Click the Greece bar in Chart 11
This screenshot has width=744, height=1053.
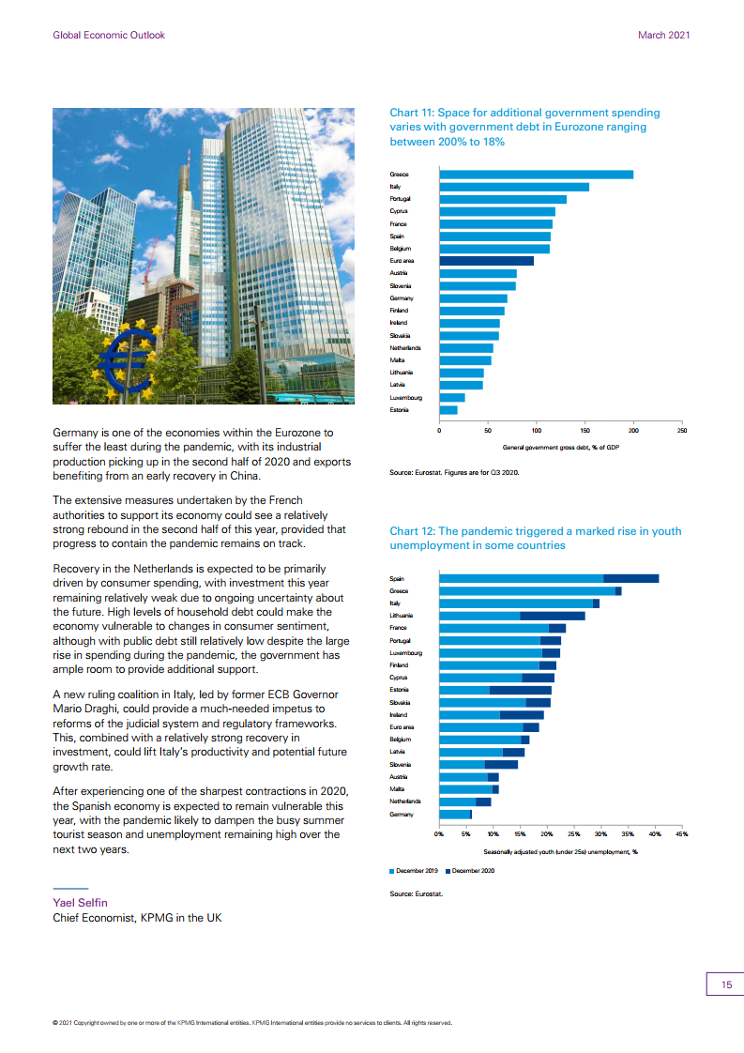coord(536,175)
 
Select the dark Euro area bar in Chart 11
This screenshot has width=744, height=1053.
coord(487,261)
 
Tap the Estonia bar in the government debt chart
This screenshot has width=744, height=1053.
coord(448,409)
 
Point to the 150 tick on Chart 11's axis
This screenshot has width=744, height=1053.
coord(585,431)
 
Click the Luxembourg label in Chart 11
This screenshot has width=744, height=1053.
coord(405,398)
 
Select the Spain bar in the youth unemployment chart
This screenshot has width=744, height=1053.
coord(549,578)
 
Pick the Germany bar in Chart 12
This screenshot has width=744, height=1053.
coord(456,814)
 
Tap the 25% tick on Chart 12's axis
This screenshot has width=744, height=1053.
coord(573,834)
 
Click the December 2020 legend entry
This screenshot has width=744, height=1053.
coord(470,871)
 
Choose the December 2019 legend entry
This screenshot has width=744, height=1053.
coord(414,871)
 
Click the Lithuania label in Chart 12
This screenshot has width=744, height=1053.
coord(402,615)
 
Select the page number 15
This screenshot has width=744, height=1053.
coord(726,984)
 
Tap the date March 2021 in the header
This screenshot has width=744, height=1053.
coord(663,35)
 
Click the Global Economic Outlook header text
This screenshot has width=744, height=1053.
coord(109,35)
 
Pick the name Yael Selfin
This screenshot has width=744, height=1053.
coord(80,903)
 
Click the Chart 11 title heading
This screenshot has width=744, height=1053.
coord(524,127)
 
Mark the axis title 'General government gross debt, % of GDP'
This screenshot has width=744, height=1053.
coord(561,448)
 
